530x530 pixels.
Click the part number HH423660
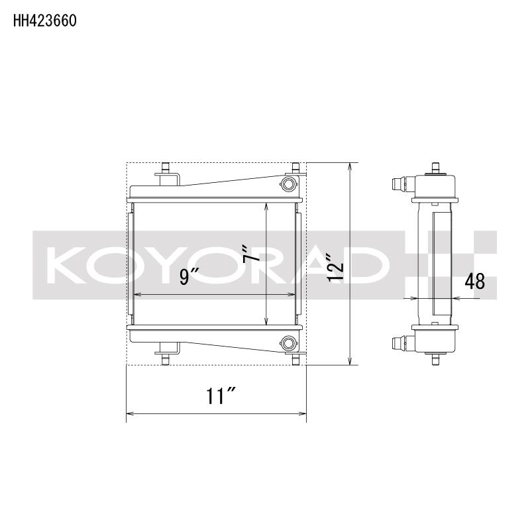point(45,21)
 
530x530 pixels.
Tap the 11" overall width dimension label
point(221,397)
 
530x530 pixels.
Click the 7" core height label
point(250,254)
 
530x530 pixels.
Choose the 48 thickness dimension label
point(474,282)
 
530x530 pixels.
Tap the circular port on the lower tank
point(288,343)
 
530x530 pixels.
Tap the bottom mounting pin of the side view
point(435,360)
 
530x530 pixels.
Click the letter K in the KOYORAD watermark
point(66,264)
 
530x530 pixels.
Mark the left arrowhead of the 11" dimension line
point(129,415)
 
